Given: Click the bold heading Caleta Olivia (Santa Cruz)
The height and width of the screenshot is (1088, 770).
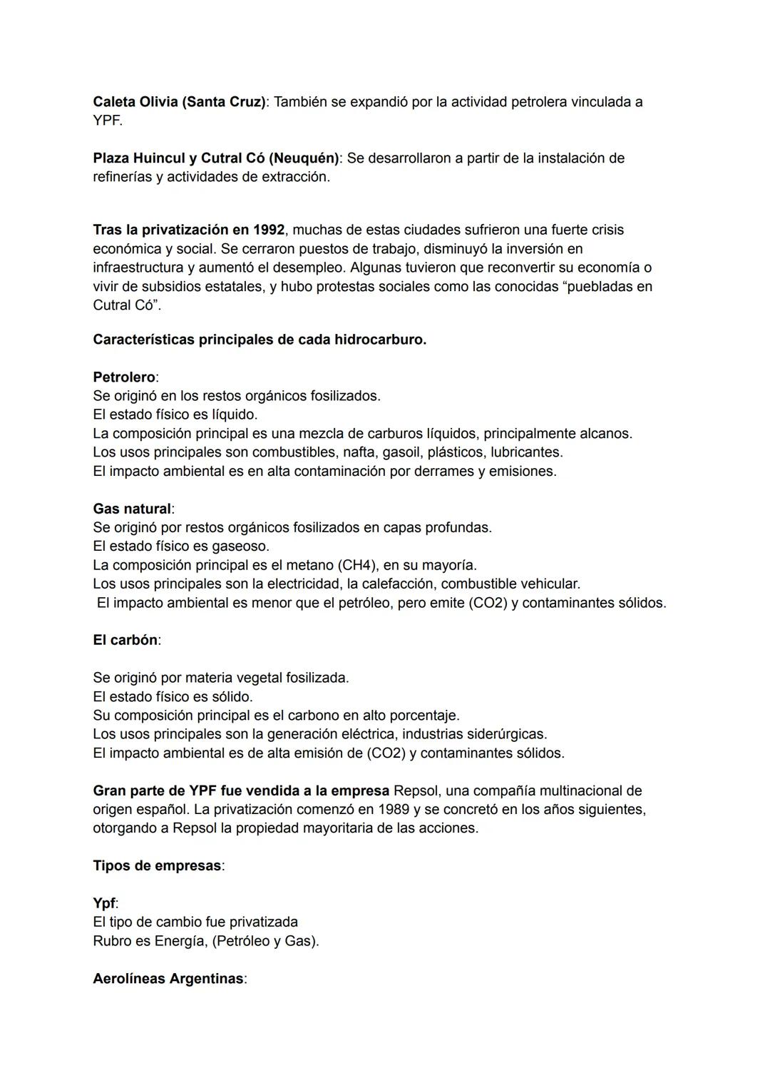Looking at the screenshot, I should pyautogui.click(x=179, y=102).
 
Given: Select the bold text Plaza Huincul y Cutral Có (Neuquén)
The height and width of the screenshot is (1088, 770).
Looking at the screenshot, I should pyautogui.click(x=215, y=158).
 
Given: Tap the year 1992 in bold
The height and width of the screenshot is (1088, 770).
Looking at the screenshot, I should pyautogui.click(x=268, y=230).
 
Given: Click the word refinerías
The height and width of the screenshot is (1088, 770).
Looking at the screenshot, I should pyautogui.click(x=122, y=177).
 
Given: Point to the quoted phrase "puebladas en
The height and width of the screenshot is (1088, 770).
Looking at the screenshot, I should pyautogui.click(x=609, y=286).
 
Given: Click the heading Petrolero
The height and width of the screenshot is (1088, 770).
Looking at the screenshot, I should pyautogui.click(x=124, y=377).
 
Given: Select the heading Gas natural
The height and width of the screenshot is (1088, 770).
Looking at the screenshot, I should pyautogui.click(x=132, y=509).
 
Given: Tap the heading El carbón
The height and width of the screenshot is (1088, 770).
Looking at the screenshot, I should pyautogui.click(x=125, y=640).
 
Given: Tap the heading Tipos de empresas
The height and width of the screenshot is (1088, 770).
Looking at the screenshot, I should pyautogui.click(x=157, y=865).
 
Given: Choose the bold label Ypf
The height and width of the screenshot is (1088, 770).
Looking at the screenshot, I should pyautogui.click(x=104, y=903).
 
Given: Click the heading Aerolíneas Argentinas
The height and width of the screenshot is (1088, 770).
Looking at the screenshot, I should pyautogui.click(x=168, y=978).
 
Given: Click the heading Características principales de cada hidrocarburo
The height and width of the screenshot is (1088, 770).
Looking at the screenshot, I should pyautogui.click(x=260, y=340).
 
